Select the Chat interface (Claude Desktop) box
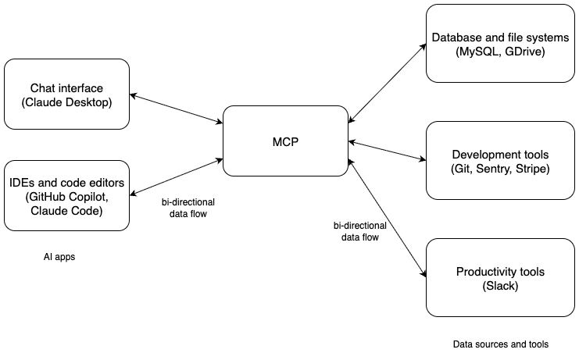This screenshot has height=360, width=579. [x=66, y=95]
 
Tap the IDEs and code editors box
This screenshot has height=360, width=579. [x=66, y=195]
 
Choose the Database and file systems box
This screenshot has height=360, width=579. [x=489, y=44]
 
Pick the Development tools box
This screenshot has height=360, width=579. [x=489, y=162]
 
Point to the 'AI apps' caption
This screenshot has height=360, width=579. [x=59, y=256]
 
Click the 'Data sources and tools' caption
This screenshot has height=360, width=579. [x=501, y=344]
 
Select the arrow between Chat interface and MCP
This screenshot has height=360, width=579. [x=176, y=109]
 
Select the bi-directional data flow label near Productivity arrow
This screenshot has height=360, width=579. [x=360, y=232]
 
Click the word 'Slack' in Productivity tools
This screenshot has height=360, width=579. [x=489, y=287]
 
